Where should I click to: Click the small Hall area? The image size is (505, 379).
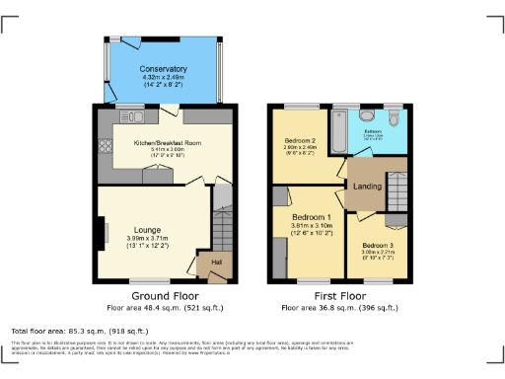215,262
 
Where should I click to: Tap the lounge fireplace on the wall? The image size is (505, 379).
103,235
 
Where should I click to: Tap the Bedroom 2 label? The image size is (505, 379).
299,141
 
